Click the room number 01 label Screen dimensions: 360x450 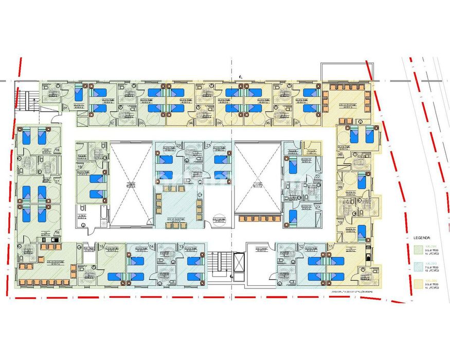point(65,108)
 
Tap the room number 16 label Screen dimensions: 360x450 point(57,232)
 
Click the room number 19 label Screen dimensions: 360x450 point(80,167)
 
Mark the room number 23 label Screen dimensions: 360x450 point(318,207)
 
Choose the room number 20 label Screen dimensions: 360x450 point(178,146)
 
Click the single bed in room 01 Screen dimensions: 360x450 point(79,94)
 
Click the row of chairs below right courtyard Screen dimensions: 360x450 point(258,219)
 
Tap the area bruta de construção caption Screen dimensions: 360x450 point(351,292)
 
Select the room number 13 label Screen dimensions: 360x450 point(182,247)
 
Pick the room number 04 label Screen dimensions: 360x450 point(190,123)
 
